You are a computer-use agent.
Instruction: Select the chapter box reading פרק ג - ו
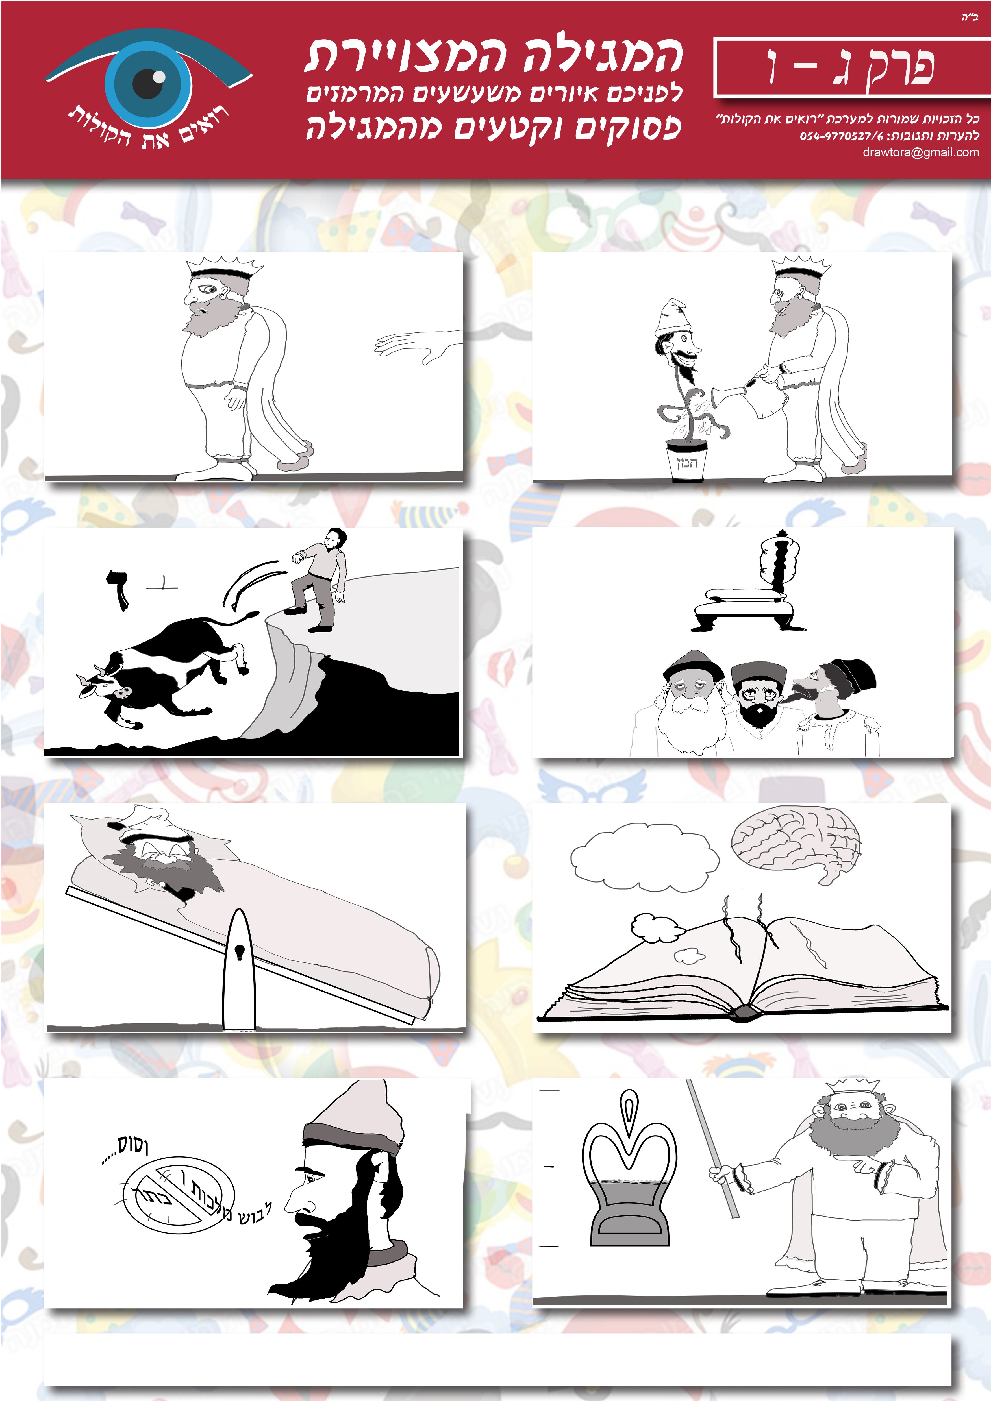point(852,67)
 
